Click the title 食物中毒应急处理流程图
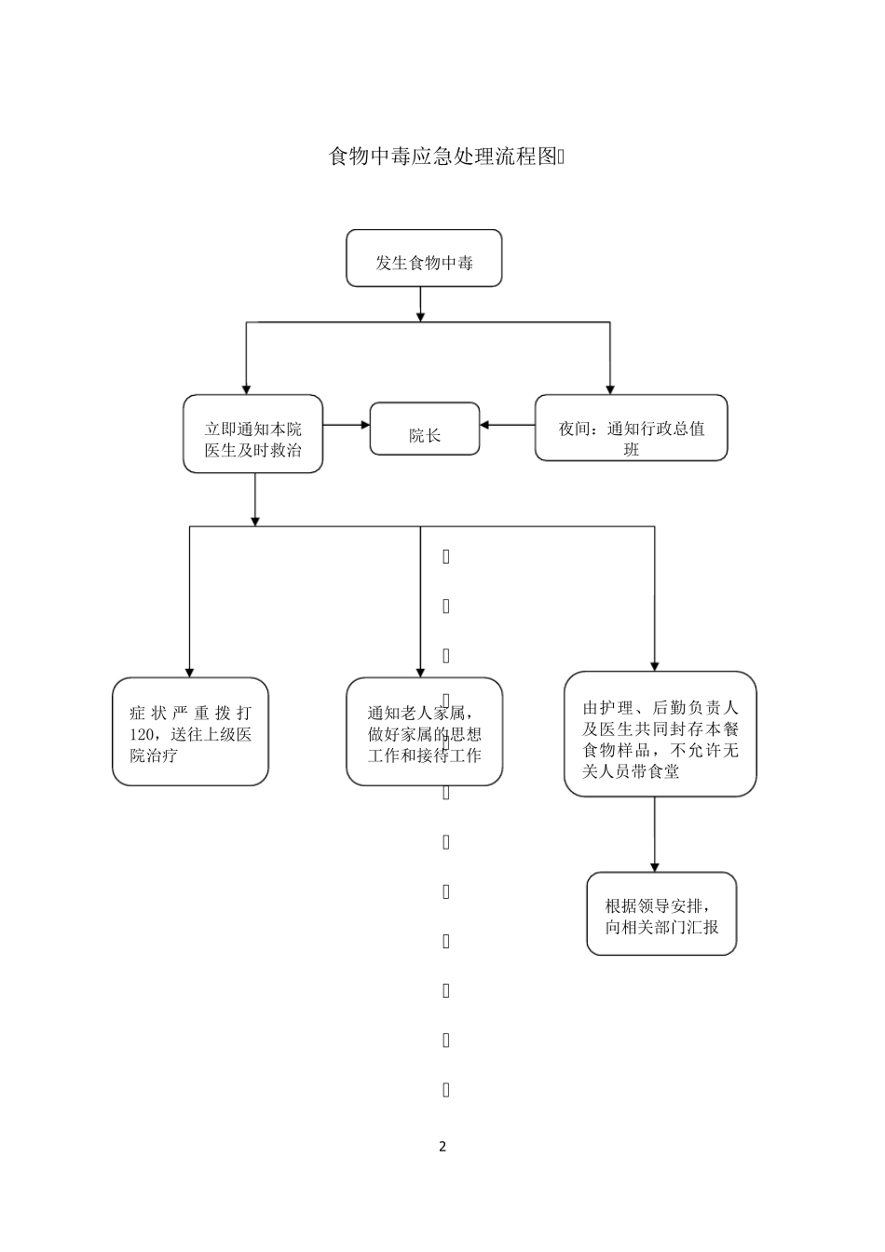point(445,156)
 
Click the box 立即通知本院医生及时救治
point(253,434)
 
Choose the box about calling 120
point(191,731)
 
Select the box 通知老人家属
point(424,731)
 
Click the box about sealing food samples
point(660,734)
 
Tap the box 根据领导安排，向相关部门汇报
point(661,914)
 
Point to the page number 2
point(442,1147)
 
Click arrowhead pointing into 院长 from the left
point(364,426)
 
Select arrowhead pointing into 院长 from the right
point(486,426)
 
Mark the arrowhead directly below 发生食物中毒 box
point(421,316)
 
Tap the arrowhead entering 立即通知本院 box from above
point(246,388)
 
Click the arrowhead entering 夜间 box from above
point(610,388)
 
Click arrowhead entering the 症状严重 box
point(190,671)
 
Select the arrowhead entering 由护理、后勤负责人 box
point(655,665)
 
